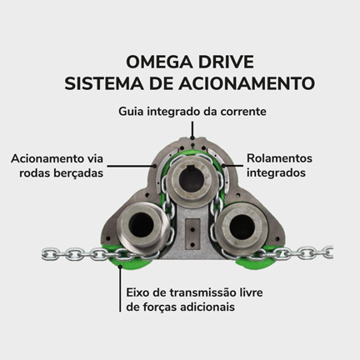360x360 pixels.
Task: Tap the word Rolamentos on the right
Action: coord(279,158)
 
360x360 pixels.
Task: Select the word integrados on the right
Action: coord(276,172)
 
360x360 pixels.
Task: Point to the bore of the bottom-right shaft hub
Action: coord(242,226)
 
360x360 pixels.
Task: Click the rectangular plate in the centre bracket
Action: coord(192,232)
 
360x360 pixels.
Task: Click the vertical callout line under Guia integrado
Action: coord(192,129)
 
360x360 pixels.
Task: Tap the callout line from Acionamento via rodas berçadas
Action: coord(132,166)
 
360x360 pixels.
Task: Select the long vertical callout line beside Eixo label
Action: coord(120,289)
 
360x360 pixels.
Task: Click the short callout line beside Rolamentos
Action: coord(234,166)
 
